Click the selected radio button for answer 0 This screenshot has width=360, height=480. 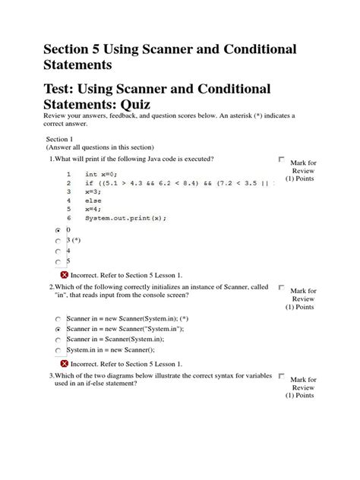tap(58, 229)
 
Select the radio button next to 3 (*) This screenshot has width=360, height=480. tap(58, 240)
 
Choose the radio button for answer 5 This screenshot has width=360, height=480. tap(58, 262)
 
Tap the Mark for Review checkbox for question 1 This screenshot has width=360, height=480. tap(281, 159)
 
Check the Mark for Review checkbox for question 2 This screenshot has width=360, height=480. tap(281, 288)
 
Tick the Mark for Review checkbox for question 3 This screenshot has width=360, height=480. tap(281, 376)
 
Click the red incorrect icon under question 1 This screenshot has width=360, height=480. tap(64, 274)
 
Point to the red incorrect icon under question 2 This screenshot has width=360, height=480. tap(64, 362)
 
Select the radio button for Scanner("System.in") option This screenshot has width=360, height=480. tap(58, 330)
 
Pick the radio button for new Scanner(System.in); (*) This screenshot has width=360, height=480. tap(58, 319)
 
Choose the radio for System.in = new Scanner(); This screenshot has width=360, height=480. tap(58, 351)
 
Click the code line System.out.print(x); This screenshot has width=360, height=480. tap(125, 217)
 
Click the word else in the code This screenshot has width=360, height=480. tap(93, 201)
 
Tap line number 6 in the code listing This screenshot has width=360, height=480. tap(68, 217)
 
